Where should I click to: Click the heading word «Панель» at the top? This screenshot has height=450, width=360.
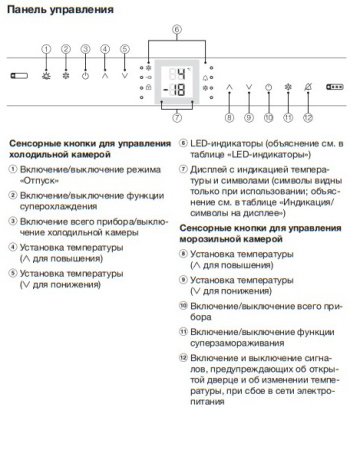[x=29, y=9]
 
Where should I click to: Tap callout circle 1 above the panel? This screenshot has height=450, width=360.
[x=45, y=48]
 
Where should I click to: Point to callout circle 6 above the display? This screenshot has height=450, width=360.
[x=177, y=30]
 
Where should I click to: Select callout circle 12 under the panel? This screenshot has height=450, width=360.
[x=308, y=118]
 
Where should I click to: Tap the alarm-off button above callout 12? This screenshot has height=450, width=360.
[x=308, y=87]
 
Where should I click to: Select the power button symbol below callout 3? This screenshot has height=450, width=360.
[x=85, y=73]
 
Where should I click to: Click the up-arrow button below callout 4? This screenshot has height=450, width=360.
[x=105, y=73]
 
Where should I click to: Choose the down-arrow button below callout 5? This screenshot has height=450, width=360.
[x=125, y=73]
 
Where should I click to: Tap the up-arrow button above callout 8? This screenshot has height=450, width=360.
[x=229, y=87]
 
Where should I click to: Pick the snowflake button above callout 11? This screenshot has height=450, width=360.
[x=288, y=87]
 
